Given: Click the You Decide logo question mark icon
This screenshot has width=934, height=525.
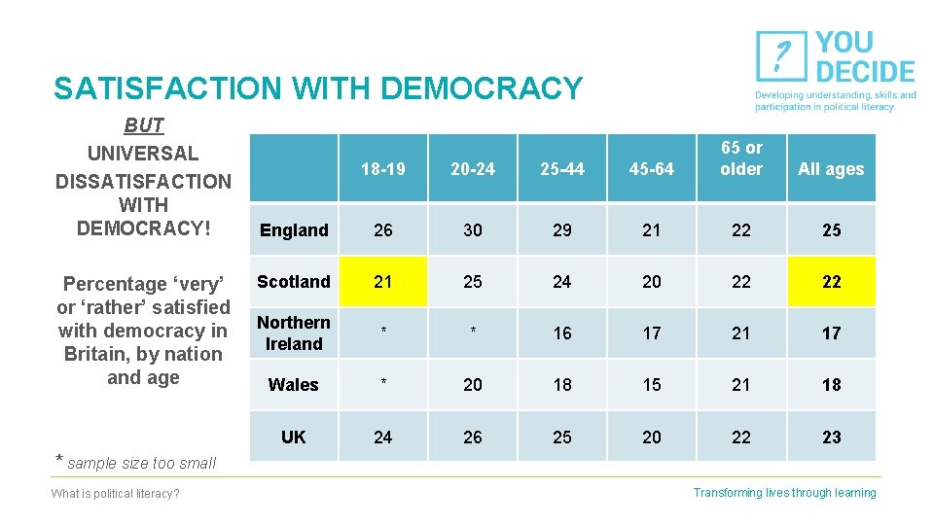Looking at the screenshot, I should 780,57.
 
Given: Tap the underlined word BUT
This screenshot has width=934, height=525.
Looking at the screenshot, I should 144,125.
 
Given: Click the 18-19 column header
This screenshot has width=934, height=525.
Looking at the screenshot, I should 383,169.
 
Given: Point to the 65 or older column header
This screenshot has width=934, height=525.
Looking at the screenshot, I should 741,158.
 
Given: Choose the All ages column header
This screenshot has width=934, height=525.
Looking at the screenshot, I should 831,169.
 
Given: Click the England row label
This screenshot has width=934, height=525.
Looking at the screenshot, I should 294,230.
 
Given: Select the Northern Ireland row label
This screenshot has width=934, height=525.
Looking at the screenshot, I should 294,332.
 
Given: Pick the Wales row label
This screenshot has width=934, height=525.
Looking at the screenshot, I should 294,385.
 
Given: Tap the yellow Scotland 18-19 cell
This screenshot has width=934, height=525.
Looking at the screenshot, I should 383,282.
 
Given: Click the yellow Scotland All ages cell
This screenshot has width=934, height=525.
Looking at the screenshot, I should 831,282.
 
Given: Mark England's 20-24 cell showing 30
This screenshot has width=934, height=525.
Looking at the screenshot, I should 473,230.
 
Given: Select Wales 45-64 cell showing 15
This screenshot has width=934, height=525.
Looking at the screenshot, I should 652,385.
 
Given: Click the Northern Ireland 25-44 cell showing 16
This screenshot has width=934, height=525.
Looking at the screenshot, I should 562,333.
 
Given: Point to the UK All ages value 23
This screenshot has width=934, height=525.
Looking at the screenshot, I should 831,437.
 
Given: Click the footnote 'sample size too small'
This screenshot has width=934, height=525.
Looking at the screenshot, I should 142,463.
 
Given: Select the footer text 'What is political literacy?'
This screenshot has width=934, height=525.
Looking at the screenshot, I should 115,494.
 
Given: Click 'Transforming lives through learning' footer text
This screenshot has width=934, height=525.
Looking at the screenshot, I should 784,493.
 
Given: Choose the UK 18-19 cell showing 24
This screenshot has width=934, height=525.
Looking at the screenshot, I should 383,437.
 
